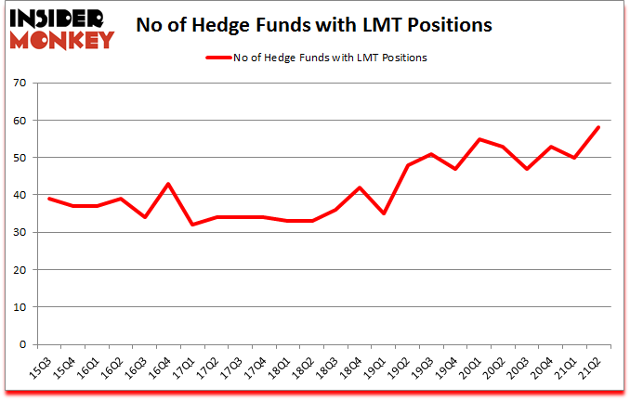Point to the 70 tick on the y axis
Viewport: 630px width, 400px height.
[x=20, y=84]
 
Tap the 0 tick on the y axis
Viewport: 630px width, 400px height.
[x=23, y=344]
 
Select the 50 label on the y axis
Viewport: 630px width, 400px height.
[x=20, y=158]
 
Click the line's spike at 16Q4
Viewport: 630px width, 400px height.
[x=168, y=184]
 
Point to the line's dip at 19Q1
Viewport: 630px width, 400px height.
[x=384, y=213]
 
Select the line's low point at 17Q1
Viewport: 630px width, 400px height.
[x=192, y=225]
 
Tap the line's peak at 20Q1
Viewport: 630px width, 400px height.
[x=479, y=139]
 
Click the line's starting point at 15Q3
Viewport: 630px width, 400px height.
[x=48, y=199]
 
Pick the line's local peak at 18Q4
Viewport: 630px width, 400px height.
[x=360, y=187]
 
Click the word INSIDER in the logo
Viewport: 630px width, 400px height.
[x=59, y=19]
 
